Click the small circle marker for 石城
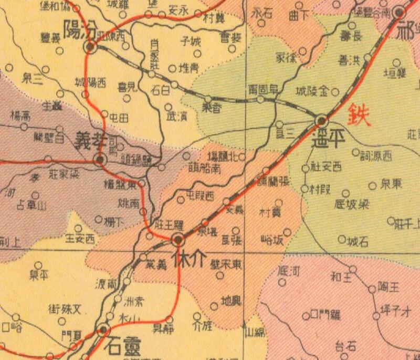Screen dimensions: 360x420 pyautogui.click(x=342, y=240)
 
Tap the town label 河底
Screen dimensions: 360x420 pyautogui.click(x=288, y=272)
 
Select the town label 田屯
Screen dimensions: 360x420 pyautogui.click(x=118, y=118)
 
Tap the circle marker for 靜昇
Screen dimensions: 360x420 pyautogui.click(x=169, y=319)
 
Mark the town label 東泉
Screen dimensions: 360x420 pyautogui.click(x=393, y=185)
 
